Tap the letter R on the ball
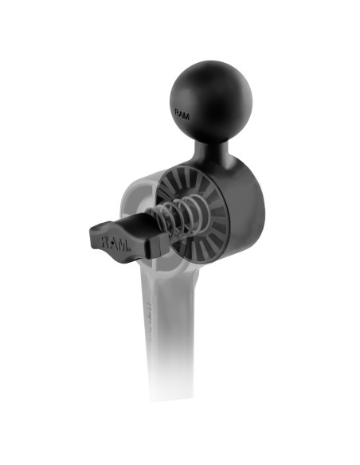(x=178, y=113)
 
